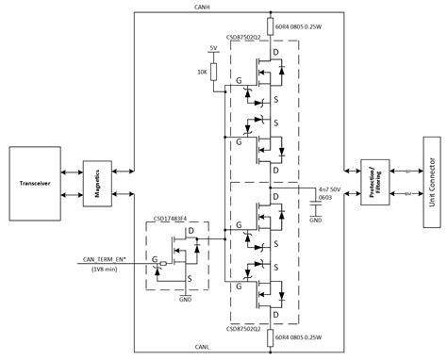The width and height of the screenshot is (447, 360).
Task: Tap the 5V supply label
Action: (214, 47)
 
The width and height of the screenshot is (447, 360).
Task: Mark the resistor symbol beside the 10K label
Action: (214, 71)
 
